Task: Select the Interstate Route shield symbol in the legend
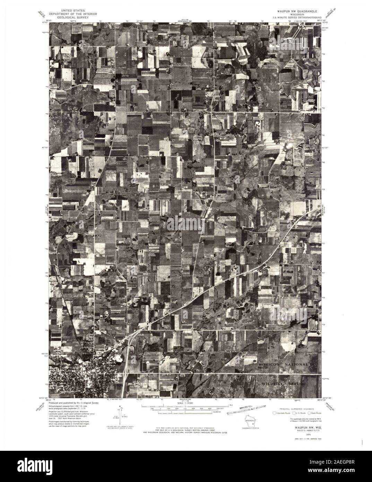[276, 413]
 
